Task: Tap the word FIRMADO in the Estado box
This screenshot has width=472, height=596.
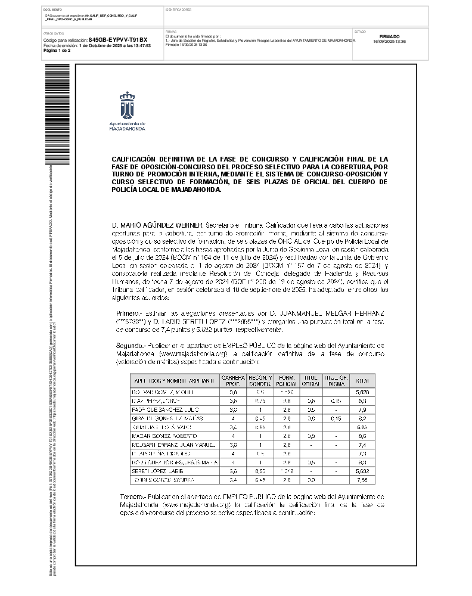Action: (x=389, y=36)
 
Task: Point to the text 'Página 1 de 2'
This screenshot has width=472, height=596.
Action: (x=57, y=51)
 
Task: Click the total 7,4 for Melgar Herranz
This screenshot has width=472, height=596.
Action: (x=361, y=445)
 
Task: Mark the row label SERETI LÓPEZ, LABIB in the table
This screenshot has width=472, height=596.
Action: (x=153, y=471)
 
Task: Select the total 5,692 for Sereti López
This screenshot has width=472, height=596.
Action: (x=361, y=471)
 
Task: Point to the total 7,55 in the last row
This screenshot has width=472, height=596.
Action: (x=361, y=480)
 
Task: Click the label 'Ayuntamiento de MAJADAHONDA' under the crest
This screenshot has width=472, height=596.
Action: (x=127, y=125)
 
